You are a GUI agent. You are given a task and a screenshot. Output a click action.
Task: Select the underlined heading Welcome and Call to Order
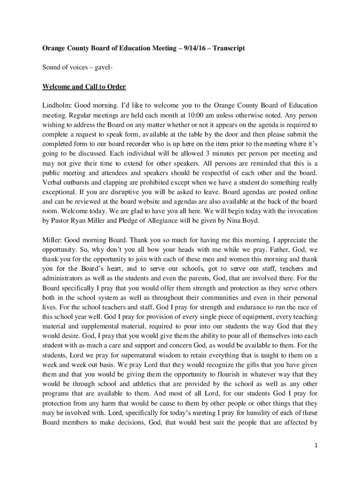pyautogui.click(x=84, y=87)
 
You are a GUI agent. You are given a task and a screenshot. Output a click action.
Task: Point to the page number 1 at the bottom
pyautogui.click(x=317, y=445)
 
